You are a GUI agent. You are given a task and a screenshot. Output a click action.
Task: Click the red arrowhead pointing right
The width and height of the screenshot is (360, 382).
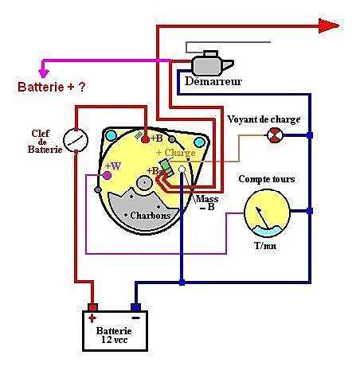coord(329,25)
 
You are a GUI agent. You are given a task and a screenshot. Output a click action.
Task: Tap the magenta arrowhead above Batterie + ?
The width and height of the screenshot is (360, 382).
coord(44,72)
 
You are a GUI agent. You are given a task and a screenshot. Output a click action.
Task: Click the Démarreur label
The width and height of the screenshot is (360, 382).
coord(213,81)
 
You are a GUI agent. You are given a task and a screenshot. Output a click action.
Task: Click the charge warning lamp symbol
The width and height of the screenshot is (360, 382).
coord(275,135)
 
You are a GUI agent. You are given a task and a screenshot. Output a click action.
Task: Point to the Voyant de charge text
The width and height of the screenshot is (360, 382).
coord(264,119)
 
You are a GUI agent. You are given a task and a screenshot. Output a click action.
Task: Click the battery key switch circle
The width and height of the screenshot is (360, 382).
coord(76,140)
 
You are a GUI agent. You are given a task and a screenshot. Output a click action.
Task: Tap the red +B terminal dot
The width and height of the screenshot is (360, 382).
coord(145,138)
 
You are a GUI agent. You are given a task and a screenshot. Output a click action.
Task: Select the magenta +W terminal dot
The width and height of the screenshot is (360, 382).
coord(107,175)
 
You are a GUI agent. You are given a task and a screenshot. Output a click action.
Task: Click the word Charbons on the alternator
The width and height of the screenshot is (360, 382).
coord(151,216)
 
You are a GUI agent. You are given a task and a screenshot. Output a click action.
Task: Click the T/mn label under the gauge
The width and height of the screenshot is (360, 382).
coord(265,246)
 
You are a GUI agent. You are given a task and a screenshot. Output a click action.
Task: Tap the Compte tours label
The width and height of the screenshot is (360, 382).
coord(267,179)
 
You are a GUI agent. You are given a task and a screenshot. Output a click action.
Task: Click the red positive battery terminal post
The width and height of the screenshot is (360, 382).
coord(92,307)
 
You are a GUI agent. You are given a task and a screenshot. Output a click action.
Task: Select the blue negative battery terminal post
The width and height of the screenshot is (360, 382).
coord(136,307)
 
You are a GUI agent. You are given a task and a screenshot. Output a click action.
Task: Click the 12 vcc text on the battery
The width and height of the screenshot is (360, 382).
coord(115,340)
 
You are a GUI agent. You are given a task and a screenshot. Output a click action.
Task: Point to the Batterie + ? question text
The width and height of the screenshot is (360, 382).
coord(52,87)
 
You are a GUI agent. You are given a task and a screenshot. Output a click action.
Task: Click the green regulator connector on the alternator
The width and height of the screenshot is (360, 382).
coord(166,167)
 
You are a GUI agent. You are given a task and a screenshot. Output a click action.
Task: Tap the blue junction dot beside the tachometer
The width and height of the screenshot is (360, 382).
coord(309,211)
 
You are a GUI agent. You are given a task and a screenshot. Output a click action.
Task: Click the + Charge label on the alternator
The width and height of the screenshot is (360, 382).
coord(176,153)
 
